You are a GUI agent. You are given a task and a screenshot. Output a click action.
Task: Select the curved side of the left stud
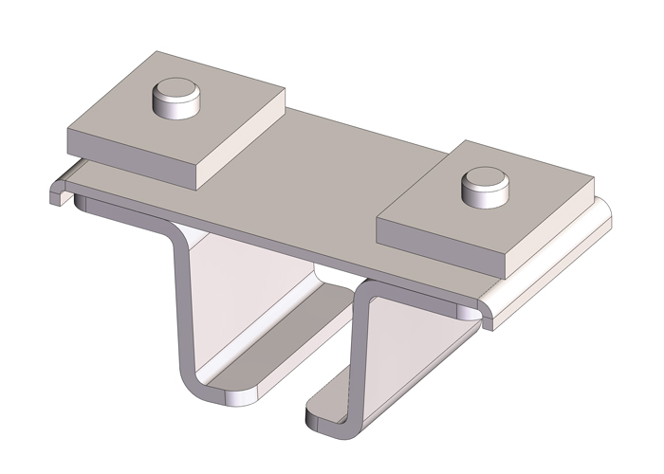(171, 107)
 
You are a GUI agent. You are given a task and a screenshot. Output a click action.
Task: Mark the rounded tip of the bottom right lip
(313, 417)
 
